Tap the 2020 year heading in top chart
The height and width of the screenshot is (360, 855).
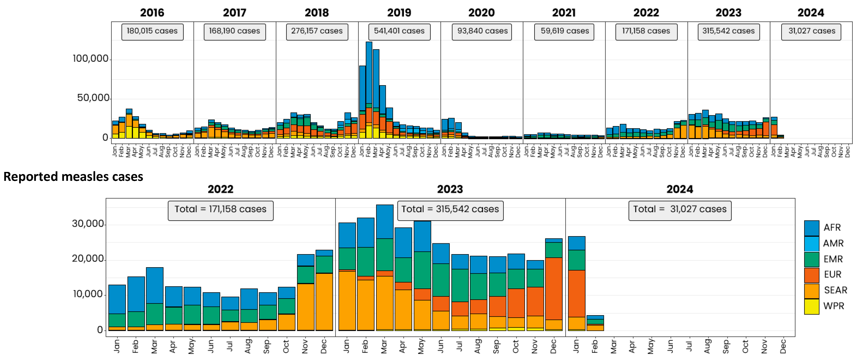(481, 13)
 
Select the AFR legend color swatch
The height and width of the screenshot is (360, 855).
(811, 228)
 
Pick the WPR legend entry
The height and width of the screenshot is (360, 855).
(833, 306)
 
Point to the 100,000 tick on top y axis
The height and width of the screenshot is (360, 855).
(91, 59)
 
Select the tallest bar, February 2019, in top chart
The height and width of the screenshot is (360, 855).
(369, 73)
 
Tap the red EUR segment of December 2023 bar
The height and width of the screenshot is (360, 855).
(554, 289)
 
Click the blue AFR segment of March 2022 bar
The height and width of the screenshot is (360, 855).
(154, 285)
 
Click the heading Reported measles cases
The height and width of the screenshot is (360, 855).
(73, 177)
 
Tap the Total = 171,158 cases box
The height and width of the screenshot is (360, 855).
(220, 210)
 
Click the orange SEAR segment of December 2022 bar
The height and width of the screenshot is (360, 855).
(324, 302)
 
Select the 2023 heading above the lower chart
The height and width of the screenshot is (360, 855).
(450, 189)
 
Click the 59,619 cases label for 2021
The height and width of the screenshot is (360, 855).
(564, 31)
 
